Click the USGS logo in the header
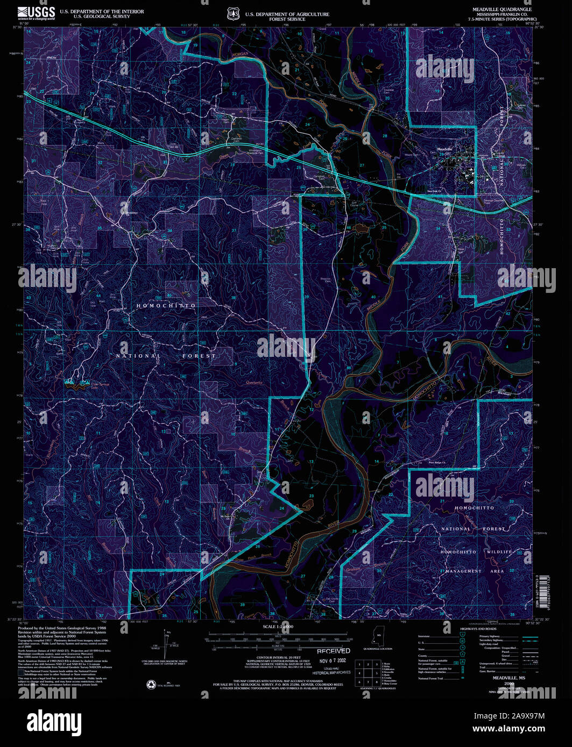point(36,13)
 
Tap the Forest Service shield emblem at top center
point(232,13)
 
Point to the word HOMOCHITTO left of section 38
point(166,305)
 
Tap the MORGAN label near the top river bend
point(240,55)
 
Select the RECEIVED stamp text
point(333,651)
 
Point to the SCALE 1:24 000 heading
point(278,627)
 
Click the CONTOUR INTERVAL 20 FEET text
point(278,658)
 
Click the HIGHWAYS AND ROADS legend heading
point(478,629)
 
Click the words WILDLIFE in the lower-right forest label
point(498,552)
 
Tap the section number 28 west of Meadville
point(384,136)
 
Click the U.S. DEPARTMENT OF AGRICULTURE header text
point(287,15)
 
